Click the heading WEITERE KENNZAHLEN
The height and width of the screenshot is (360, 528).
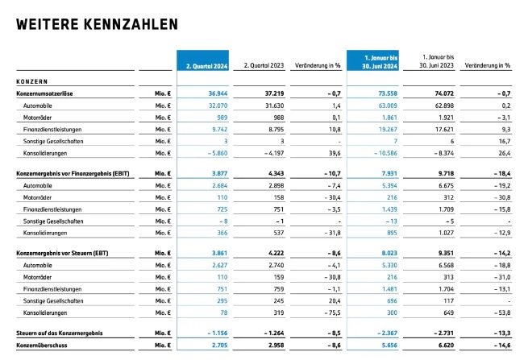tap(97, 24)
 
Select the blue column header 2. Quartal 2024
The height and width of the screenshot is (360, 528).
tap(206, 66)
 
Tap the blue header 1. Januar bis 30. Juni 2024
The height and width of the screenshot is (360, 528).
tap(380, 62)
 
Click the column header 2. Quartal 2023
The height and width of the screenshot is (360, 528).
tap(264, 65)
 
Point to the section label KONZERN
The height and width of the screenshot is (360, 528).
tap(32, 81)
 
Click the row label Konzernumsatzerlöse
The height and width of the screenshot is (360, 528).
tap(44, 93)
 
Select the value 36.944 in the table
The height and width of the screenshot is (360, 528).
tap(218, 93)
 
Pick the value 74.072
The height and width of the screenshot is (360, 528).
tap(444, 93)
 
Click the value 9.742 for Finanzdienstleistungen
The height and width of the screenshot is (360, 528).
tap(219, 129)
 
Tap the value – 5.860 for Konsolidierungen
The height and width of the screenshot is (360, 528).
tap(218, 153)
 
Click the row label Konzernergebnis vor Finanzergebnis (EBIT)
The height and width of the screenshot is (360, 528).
tap(73, 174)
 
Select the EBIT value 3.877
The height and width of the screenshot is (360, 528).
tap(219, 174)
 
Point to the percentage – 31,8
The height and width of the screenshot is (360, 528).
tap(332, 233)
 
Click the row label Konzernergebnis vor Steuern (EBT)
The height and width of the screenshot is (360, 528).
tap(62, 253)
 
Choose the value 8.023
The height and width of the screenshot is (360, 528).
tap(389, 253)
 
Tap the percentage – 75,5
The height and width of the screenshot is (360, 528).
tap(332, 312)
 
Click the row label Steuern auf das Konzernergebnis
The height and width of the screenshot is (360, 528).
tap(60, 333)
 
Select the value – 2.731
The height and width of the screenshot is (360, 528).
tap(444, 333)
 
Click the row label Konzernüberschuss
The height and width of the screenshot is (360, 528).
tap(42, 346)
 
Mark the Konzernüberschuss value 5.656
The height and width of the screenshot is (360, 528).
tap(389, 346)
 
